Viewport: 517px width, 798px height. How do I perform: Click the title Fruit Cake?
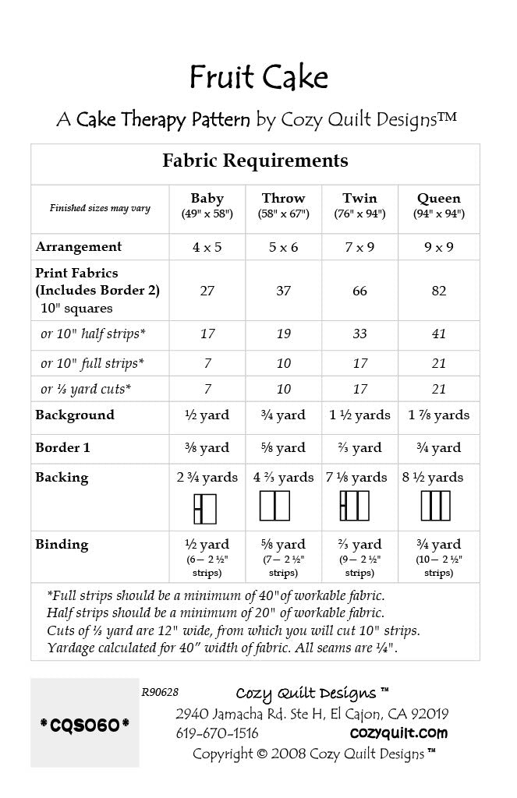pos(258,78)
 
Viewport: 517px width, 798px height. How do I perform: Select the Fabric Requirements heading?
pos(255,161)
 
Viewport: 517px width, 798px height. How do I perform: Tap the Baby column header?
pos(207,198)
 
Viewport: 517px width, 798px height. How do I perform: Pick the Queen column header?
pos(438,198)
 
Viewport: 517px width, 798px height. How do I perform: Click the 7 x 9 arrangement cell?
pos(360,247)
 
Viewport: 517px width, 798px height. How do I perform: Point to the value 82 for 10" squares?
pos(438,291)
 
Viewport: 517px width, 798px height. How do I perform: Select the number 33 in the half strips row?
pos(360,334)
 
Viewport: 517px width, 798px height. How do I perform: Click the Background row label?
pos(75,415)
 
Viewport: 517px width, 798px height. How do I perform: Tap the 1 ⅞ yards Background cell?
pos(438,415)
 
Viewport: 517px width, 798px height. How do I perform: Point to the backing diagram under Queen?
pos(436,506)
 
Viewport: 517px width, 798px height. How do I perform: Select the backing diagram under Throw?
pos(274,506)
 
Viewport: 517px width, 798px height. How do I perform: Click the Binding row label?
pos(62,544)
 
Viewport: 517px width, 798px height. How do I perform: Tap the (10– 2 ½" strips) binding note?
pos(438,566)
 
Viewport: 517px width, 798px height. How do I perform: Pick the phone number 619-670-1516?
pos(217,733)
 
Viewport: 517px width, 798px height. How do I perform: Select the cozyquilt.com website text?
pos(398,733)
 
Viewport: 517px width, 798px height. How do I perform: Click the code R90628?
pos(160,690)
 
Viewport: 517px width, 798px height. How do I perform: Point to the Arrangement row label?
pos(79,247)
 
